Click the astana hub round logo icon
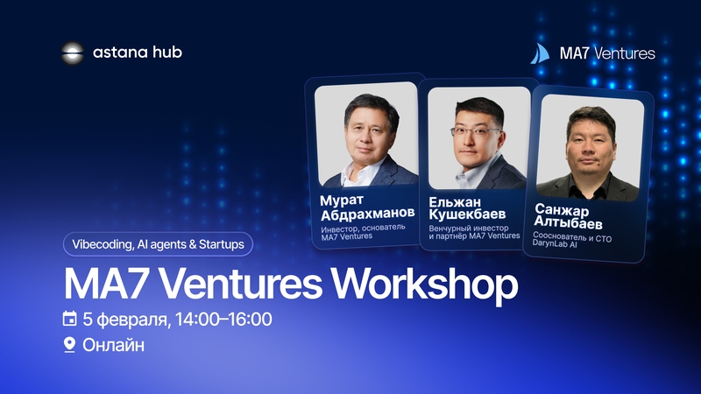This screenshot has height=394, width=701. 73,53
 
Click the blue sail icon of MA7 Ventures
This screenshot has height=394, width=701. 540,53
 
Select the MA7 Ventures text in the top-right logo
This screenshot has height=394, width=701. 607,53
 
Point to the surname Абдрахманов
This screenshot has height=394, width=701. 367,214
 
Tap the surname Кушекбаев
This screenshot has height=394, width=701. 467,214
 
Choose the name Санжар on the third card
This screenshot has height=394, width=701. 562,209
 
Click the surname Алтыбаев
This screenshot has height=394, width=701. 568,222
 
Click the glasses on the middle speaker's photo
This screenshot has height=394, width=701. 475,131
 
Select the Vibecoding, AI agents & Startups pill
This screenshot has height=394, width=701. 158,244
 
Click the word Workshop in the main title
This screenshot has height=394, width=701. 424,284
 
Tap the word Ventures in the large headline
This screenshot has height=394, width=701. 241,284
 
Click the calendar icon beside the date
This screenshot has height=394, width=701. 69,319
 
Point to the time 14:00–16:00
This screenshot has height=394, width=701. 223,320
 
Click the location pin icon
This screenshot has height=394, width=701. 69,345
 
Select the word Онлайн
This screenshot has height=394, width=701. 114,345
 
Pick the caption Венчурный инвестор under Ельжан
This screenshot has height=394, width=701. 469,228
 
